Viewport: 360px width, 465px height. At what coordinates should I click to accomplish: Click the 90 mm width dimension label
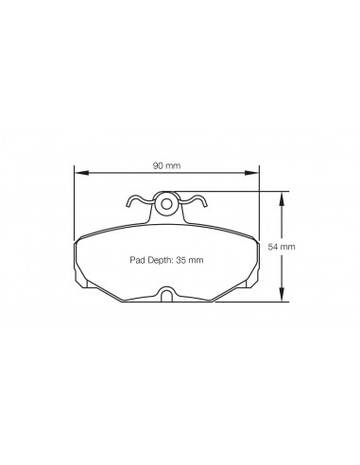(x=166, y=165)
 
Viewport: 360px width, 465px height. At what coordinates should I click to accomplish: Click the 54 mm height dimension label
(x=282, y=247)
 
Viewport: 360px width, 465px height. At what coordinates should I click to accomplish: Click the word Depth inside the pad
(x=158, y=260)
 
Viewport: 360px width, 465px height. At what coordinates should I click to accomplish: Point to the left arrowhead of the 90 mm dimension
(x=81, y=173)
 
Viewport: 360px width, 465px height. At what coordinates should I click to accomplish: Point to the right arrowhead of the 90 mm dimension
(x=252, y=173)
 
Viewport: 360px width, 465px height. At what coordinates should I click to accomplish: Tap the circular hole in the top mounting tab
(x=166, y=204)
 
